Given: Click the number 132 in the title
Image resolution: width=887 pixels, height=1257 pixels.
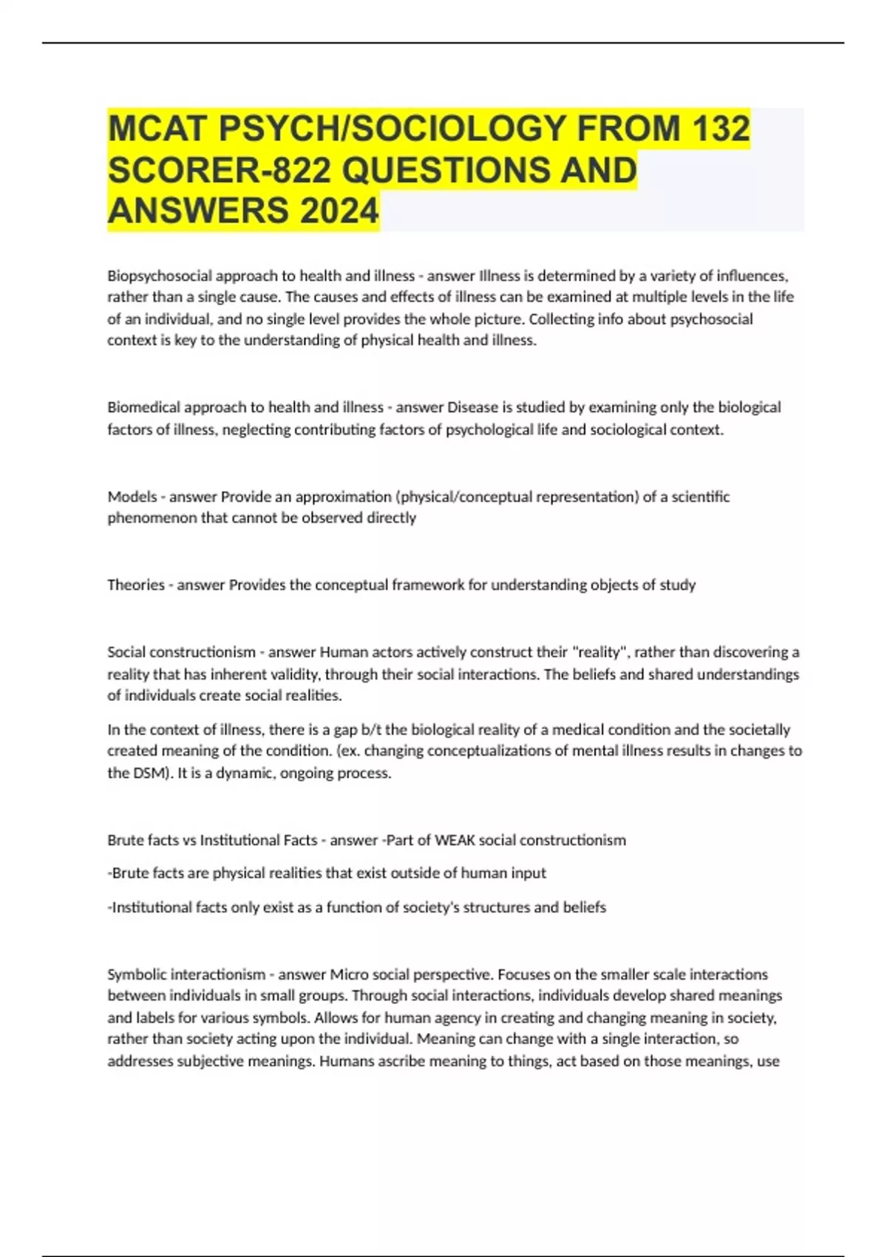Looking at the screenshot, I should coord(721,128).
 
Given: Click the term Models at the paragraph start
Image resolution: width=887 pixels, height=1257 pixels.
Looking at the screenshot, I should coord(132,497).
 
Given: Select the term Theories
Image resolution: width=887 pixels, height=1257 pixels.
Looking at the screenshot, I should coord(135,585).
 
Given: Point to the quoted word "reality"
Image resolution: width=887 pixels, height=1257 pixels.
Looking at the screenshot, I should coord(600,652).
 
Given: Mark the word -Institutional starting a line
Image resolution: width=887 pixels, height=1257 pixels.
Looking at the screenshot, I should coord(150,907).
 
